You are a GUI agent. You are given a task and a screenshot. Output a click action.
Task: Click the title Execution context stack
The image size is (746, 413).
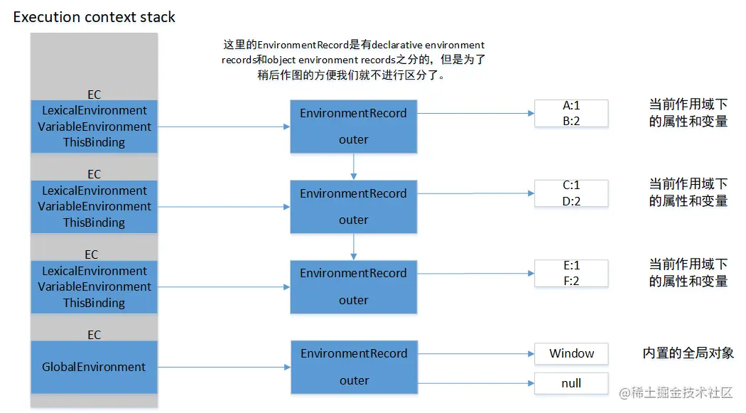94,17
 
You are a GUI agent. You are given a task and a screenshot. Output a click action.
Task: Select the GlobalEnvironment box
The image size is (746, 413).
94,367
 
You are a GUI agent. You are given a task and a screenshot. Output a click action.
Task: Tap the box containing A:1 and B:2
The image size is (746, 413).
571,114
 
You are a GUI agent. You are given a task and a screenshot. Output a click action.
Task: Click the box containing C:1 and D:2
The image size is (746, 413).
571,193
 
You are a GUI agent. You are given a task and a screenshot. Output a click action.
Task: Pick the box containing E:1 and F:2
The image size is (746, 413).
571,274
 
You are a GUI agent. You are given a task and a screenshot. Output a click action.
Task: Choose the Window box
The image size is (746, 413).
571,353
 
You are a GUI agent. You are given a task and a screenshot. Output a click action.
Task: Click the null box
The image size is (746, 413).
571,383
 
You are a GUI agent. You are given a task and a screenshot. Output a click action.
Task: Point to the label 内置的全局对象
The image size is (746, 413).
688,353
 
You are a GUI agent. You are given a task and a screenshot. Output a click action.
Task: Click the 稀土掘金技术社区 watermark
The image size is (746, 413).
674,392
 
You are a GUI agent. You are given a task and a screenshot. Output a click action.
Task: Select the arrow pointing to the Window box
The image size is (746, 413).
476,353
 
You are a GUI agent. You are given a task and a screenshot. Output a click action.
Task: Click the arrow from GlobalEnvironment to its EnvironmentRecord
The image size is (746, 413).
224,368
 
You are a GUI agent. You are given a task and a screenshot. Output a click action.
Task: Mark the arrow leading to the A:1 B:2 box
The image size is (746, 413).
476,114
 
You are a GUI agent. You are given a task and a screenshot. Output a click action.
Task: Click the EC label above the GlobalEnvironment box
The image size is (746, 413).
94,335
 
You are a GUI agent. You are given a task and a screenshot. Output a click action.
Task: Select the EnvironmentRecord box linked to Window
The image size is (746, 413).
354,367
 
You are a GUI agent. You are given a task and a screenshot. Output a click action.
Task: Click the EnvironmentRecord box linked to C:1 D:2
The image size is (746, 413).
354,206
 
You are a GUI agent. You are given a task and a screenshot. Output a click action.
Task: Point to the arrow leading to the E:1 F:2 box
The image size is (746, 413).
476,274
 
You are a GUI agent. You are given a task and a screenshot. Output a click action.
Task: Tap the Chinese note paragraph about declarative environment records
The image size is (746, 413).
353,60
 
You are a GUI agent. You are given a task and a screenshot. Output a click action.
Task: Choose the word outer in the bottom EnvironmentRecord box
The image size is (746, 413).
354,381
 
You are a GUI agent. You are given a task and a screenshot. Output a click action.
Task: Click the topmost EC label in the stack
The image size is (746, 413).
94,94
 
